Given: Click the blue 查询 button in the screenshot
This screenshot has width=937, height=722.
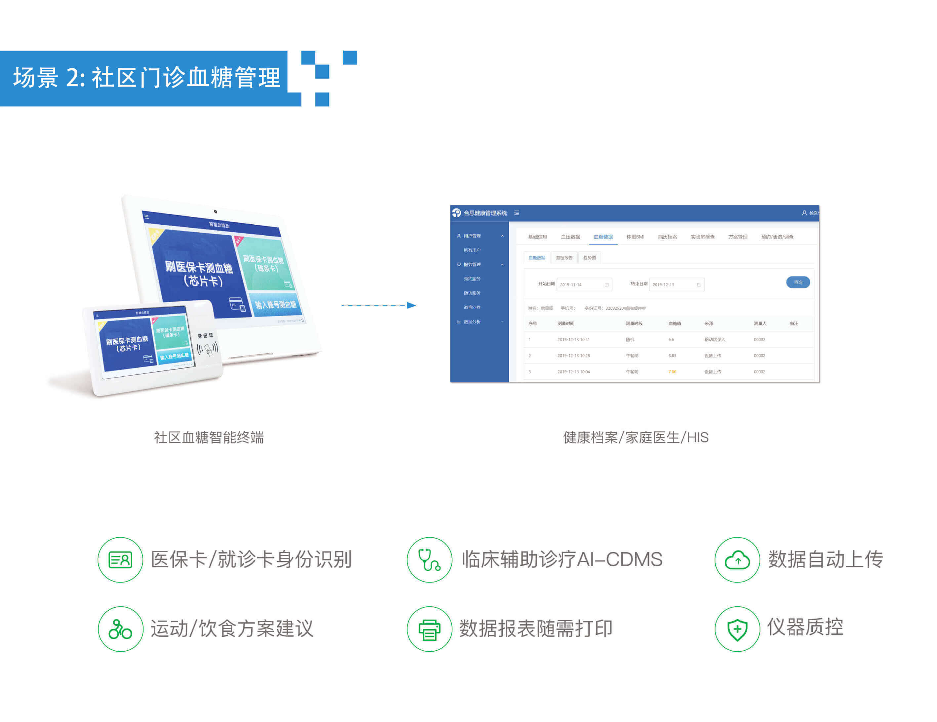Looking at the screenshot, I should [x=798, y=282].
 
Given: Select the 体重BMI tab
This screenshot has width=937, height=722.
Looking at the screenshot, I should [x=635, y=237].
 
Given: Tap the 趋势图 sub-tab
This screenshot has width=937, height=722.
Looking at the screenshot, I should [x=590, y=258].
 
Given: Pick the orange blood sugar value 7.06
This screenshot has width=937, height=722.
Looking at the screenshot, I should [x=672, y=372].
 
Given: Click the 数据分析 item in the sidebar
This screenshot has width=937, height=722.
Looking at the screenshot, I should [x=472, y=322].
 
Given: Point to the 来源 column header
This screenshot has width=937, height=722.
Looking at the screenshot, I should [x=708, y=323].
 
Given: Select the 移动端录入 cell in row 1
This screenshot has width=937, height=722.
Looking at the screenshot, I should [x=714, y=340].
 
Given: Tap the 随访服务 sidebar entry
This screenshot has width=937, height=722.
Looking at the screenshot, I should [x=472, y=293].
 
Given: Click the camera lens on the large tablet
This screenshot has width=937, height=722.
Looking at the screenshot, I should [x=215, y=211].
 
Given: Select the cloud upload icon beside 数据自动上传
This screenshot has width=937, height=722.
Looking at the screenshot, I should [x=737, y=560].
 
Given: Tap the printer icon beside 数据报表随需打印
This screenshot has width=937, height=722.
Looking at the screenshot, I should [x=429, y=629].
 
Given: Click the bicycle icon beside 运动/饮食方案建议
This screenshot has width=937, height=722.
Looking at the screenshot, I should [x=120, y=629].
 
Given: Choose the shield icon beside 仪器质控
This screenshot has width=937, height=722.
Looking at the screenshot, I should [x=737, y=629].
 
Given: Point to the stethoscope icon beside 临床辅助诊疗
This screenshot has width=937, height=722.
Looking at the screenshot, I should [x=429, y=560].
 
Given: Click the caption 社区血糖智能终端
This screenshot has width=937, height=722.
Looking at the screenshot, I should [x=209, y=437].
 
